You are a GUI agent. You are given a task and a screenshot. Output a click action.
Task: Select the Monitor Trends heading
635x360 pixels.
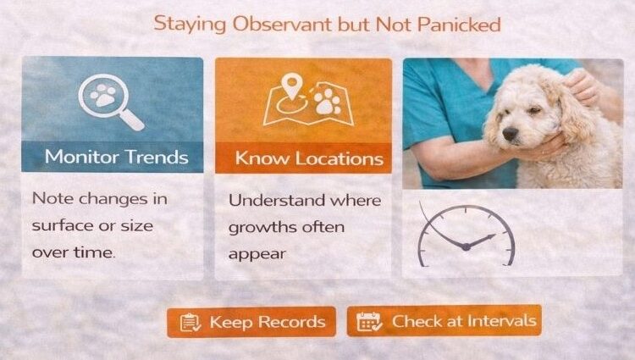(117, 157)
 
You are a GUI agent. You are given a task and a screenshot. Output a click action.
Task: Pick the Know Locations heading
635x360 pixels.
(309, 158)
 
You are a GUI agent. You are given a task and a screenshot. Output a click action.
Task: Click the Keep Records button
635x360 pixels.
(251, 322)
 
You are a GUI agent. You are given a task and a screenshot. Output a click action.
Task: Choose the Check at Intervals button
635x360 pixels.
(444, 321)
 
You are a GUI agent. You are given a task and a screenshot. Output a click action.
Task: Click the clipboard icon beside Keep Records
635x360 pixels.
(190, 322)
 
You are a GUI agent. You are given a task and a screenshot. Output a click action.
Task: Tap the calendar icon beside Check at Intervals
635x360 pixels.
(368, 322)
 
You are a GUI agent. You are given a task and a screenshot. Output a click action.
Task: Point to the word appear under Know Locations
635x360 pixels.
(257, 253)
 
